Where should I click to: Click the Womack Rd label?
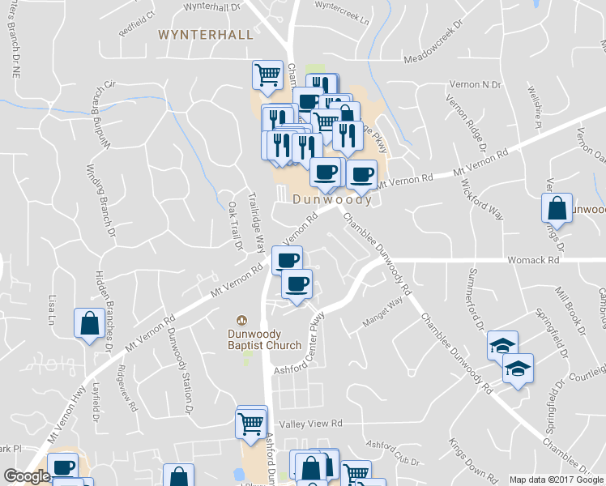[x=534, y=261]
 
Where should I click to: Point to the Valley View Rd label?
[x=311, y=424]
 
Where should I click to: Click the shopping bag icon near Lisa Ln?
[x=87, y=324]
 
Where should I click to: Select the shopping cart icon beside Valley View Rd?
[x=251, y=422]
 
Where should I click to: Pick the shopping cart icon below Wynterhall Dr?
[x=267, y=75]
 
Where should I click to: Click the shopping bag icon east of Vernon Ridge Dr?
[x=557, y=208]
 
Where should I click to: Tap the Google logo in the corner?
[x=26, y=476]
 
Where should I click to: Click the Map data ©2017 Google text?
[x=555, y=480]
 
